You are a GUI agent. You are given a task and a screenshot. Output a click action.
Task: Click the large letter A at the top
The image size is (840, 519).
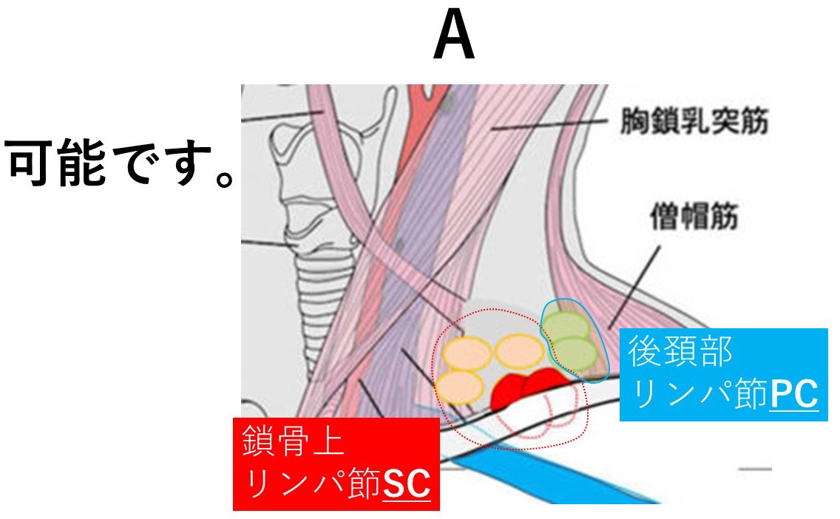click(x=454, y=38)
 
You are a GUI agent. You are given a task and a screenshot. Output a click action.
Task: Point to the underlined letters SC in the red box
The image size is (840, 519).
click(x=406, y=485)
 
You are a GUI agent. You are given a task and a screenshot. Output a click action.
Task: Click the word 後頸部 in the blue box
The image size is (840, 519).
click(x=680, y=353)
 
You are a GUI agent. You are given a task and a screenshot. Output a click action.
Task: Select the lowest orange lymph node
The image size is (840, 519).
click(x=459, y=387)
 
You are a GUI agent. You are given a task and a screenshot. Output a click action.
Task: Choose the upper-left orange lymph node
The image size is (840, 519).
click(x=467, y=353)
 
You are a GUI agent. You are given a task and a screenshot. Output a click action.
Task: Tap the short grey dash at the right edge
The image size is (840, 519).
click(x=755, y=469)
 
